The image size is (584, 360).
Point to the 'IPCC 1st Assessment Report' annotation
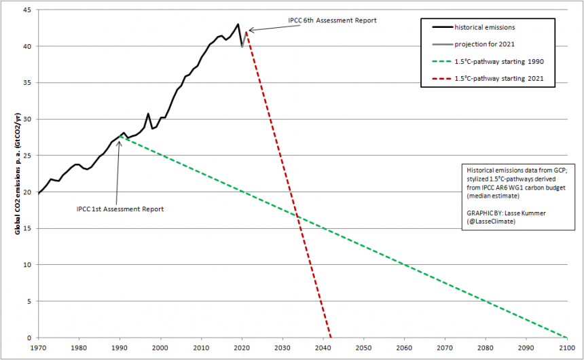tap(120, 208)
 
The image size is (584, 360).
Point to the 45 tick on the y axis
tap(29, 10)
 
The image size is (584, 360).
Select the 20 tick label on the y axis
tap(29, 192)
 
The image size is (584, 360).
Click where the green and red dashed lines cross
tap(297, 215)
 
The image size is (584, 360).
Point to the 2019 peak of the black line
tap(238, 24)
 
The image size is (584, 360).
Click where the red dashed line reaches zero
tap(331, 338)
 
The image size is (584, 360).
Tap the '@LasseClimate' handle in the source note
tap(490, 221)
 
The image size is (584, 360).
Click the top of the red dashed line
tap(246, 31)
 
